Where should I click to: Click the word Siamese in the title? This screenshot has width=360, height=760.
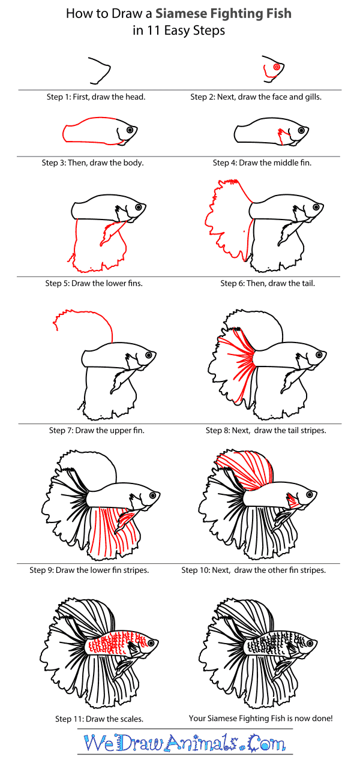coord(181,13)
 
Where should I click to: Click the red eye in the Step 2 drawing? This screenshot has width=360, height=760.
coord(277,67)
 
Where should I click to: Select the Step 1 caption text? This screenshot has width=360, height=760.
coord(96,97)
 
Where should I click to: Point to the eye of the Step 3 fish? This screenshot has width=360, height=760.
coord(130,130)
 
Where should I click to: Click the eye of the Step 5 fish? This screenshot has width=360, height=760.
coord(139,207)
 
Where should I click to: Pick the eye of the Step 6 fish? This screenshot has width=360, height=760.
coord(316,207)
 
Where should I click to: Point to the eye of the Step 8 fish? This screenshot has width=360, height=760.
coord(319,355)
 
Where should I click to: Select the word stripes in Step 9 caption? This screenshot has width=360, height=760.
coord(134,570)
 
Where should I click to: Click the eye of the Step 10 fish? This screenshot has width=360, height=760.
coord(310,494)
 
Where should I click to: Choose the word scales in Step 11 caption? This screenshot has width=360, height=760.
coord(130,719)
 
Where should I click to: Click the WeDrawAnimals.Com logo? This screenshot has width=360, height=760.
coord(185,743)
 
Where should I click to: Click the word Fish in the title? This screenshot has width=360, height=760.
coord(279,13)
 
